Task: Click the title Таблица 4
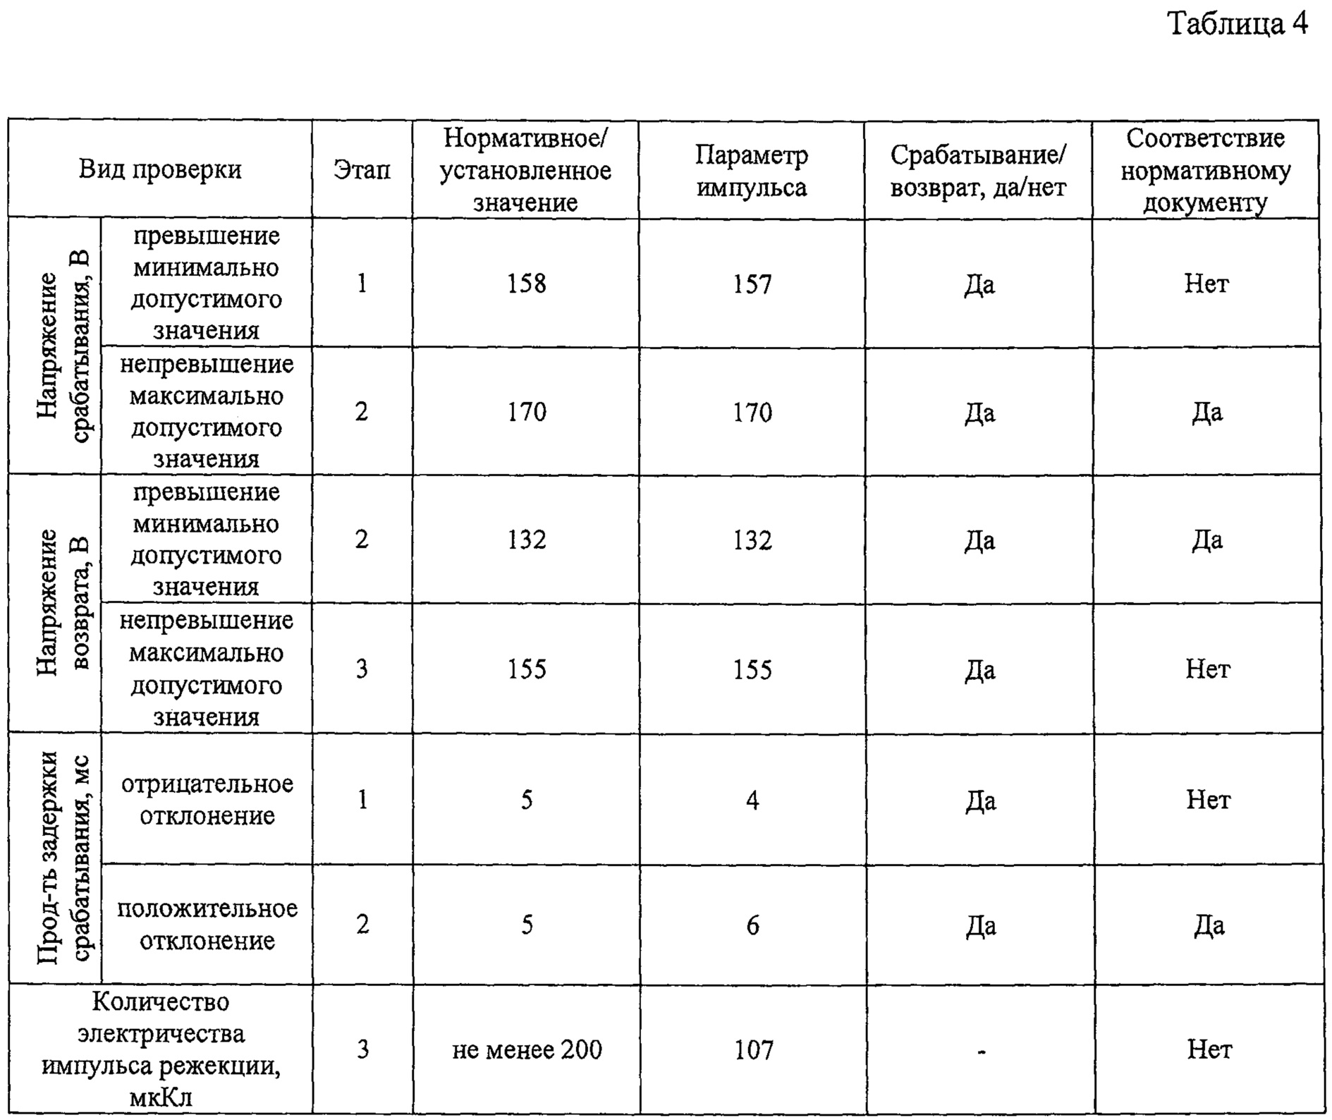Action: [1238, 25]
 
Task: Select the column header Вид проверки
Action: [160, 170]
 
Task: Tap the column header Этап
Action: [362, 170]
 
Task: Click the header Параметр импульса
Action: [752, 171]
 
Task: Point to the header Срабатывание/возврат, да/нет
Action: [978, 171]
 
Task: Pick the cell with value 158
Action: [527, 284]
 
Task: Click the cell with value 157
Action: [752, 284]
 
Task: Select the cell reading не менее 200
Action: [527, 1050]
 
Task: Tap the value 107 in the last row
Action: [754, 1050]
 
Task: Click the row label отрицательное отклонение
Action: [207, 800]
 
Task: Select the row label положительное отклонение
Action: [207, 925]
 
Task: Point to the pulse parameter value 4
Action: [752, 801]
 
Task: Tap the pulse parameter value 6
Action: [752, 925]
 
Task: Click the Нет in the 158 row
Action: [1206, 284]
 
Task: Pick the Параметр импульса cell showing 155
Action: [752, 669]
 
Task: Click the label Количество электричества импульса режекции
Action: [161, 1049]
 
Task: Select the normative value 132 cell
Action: [527, 540]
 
